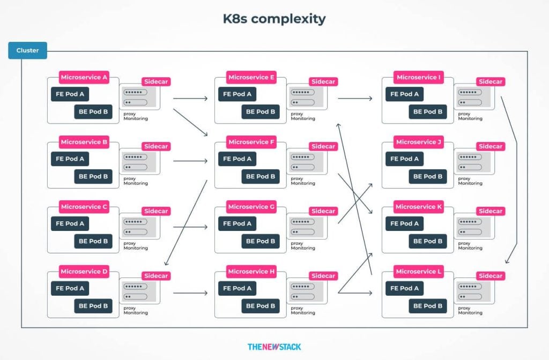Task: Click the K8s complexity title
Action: tap(274, 19)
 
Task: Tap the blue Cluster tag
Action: tap(27, 50)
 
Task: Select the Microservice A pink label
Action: tap(84, 77)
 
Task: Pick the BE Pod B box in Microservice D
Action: tap(93, 306)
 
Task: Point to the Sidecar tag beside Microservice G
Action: tap(323, 211)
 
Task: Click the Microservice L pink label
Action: tap(419, 272)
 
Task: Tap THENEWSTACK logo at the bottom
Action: tap(274, 347)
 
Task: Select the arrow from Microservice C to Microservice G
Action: tap(190, 227)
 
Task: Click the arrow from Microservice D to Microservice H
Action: tap(190, 293)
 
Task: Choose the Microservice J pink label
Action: tap(419, 142)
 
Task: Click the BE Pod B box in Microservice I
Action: tap(428, 112)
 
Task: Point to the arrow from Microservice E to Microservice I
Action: tap(355, 99)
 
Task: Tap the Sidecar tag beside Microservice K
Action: tap(491, 211)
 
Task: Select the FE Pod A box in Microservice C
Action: tap(70, 223)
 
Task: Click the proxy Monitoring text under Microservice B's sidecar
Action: tap(136, 181)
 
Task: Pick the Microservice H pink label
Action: tap(251, 272)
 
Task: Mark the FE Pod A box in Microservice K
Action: tap(404, 223)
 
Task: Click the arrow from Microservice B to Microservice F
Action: tap(190, 161)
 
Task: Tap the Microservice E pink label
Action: tap(251, 77)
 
